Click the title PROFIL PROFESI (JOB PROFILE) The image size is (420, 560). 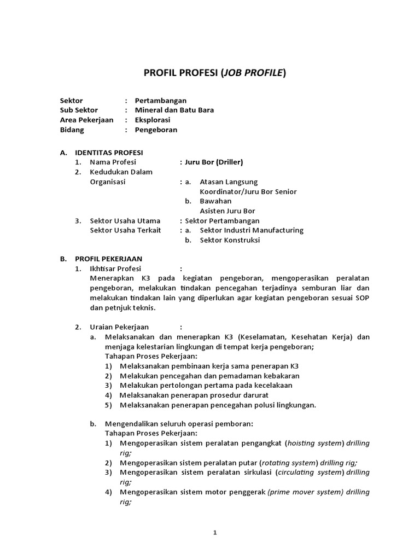tap(214, 73)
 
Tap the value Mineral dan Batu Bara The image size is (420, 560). tap(174, 110)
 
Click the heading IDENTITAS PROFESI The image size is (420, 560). tap(109, 153)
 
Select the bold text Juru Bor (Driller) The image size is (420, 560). tap(214, 162)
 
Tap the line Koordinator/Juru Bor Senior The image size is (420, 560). tap(248, 191)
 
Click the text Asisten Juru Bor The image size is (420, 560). tap(227, 211)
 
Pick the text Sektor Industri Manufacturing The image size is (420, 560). tap(252, 230)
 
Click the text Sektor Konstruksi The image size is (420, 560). tap(230, 240)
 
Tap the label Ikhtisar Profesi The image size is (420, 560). tap(115, 269)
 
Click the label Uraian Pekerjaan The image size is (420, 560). tap(119, 328)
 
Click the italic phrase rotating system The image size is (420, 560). tap(287, 463)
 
